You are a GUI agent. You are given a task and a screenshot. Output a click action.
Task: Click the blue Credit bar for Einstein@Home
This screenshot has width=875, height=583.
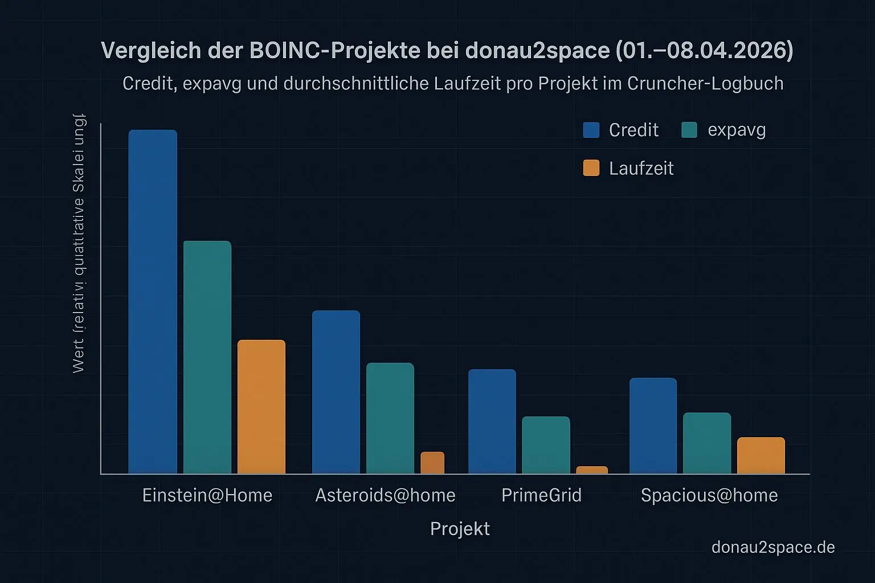pyautogui.click(x=153, y=302)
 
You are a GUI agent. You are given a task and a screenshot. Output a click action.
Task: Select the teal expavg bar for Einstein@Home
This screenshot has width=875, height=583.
pyautogui.click(x=207, y=357)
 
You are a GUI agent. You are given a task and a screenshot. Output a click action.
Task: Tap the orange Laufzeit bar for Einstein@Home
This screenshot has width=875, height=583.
pyautogui.click(x=261, y=407)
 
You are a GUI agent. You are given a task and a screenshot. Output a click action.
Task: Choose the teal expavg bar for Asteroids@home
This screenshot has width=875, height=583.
pyautogui.click(x=390, y=418)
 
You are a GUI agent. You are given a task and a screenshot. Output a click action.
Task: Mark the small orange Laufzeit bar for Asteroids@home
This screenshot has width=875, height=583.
pyautogui.click(x=432, y=462)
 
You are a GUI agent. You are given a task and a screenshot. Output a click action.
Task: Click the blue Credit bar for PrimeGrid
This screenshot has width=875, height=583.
pyautogui.click(x=492, y=421)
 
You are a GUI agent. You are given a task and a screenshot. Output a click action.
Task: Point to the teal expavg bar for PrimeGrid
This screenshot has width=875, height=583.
pyautogui.click(x=546, y=445)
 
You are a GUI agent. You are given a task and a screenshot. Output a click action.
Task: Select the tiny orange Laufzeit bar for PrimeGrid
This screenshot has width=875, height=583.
pyautogui.click(x=592, y=470)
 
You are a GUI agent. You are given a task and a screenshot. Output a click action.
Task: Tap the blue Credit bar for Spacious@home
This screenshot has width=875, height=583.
pyautogui.click(x=653, y=425)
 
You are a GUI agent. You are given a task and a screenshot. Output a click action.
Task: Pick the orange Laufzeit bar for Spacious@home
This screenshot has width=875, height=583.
pyautogui.click(x=761, y=455)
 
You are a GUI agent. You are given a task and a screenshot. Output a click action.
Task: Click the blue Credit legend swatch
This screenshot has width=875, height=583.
pyautogui.click(x=591, y=130)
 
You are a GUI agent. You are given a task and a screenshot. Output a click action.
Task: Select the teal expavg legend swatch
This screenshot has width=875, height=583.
pyautogui.click(x=689, y=130)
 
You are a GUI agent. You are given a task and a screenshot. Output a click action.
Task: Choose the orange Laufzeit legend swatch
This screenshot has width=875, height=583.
pyautogui.click(x=591, y=168)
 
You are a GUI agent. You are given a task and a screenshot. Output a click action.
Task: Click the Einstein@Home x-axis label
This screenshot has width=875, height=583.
pyautogui.click(x=207, y=495)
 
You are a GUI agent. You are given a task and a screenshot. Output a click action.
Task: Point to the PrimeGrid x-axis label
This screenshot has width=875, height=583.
pyautogui.click(x=541, y=495)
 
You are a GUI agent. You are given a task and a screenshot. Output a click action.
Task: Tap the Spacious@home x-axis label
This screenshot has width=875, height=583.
pyautogui.click(x=709, y=495)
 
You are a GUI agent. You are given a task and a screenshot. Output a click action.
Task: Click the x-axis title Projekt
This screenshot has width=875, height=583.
pyautogui.click(x=460, y=528)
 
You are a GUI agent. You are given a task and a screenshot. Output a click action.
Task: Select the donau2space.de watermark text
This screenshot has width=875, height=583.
pyautogui.click(x=773, y=547)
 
